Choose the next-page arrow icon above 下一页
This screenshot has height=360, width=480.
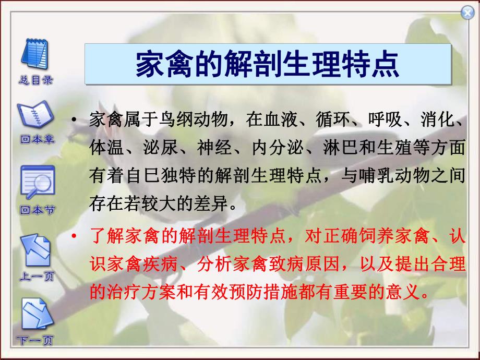click(36, 317)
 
